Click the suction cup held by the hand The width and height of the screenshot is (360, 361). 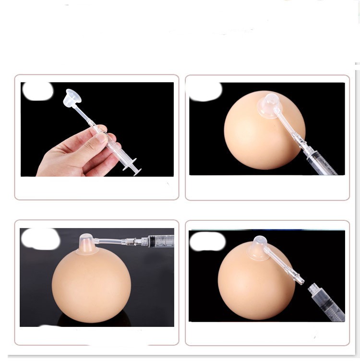coord(72,98)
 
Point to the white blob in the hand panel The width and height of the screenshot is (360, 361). coord(37,91)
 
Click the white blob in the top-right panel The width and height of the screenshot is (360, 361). coord(205,91)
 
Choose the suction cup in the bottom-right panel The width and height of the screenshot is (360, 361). coord(258,248)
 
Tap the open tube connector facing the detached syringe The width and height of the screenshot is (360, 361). coord(298,279)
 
